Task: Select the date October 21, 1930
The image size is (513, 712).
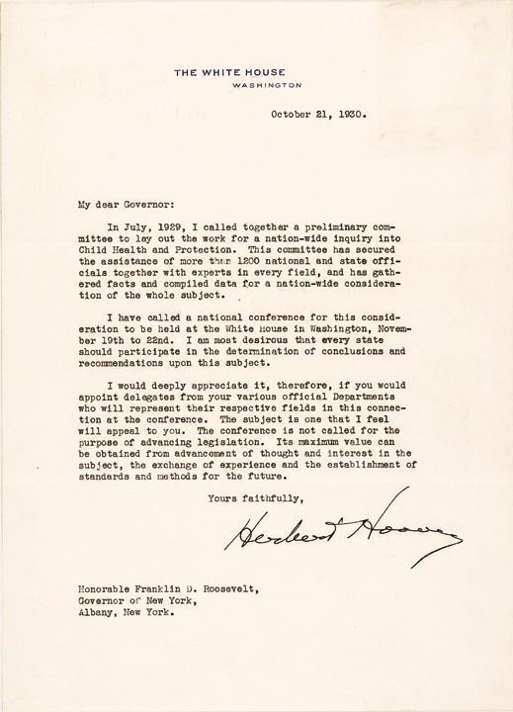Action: pos(317,114)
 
